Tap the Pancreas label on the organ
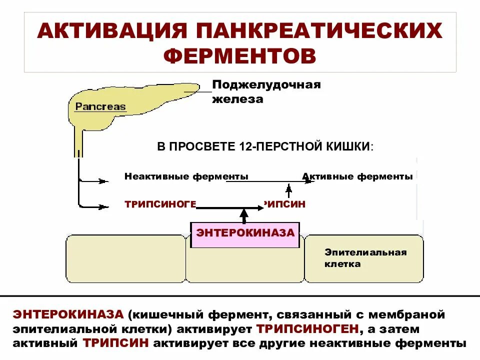click(x=100, y=106)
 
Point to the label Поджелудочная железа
click(x=265, y=91)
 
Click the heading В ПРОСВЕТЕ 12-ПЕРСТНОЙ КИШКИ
click(x=265, y=146)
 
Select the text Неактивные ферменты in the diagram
click(x=186, y=176)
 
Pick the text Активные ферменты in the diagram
click(x=357, y=176)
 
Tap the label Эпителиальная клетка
click(x=365, y=258)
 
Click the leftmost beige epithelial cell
click(x=125, y=259)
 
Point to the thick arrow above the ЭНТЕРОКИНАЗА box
click(x=244, y=215)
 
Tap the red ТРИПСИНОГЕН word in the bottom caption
click(x=308, y=329)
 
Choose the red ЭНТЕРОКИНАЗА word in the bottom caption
click(x=68, y=315)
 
